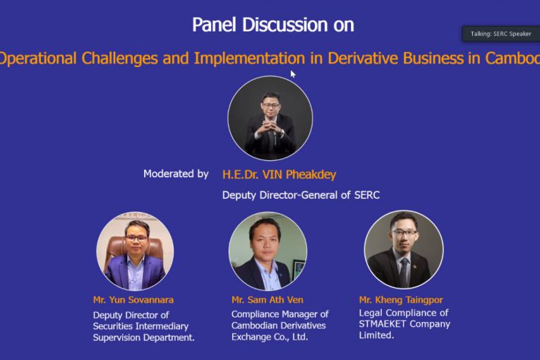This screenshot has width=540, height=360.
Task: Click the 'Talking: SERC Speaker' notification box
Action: pyautogui.click(x=500, y=34)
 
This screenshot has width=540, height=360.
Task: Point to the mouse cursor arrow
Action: pyautogui.click(x=293, y=74)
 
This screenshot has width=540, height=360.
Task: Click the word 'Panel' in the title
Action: pyautogui.click(x=214, y=25)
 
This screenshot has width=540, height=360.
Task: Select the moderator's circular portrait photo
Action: pyautogui.click(x=270, y=118)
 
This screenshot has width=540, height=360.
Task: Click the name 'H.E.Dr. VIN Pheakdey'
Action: pyautogui.click(x=279, y=174)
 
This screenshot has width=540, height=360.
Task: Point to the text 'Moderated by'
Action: pyautogui.click(x=176, y=174)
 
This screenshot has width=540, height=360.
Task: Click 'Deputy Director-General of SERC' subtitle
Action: pyautogui.click(x=301, y=195)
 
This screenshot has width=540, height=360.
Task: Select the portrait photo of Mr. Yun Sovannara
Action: pyautogui.click(x=135, y=251)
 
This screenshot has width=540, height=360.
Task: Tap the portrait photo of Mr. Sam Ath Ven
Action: pyautogui.click(x=268, y=251)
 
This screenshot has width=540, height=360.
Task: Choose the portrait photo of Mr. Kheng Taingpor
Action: pyautogui.click(x=404, y=249)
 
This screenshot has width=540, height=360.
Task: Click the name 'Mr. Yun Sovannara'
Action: pyautogui.click(x=133, y=300)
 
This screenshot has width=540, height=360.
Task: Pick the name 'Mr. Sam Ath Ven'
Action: pyautogui.click(x=268, y=300)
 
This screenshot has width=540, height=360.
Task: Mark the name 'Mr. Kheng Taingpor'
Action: pyautogui.click(x=401, y=300)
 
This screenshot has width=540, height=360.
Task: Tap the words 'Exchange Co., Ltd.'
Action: pyautogui.click(x=270, y=337)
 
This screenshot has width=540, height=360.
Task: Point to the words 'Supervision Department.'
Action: pyautogui.click(x=143, y=337)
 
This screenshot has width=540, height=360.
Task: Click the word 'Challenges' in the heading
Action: pyautogui.click(x=119, y=58)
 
